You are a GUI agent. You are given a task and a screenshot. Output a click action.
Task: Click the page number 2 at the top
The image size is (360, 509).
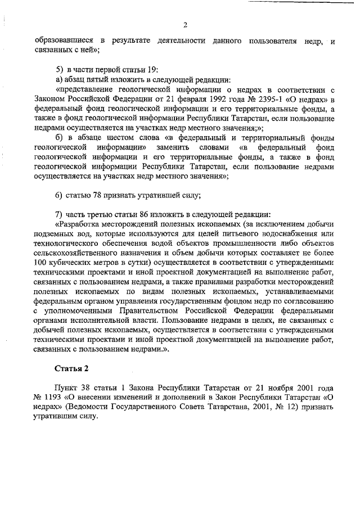(x=184, y=24)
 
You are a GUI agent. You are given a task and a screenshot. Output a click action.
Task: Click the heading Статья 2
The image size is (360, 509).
(x=71, y=368)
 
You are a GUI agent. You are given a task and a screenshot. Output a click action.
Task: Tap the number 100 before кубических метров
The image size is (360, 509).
(x=41, y=262)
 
